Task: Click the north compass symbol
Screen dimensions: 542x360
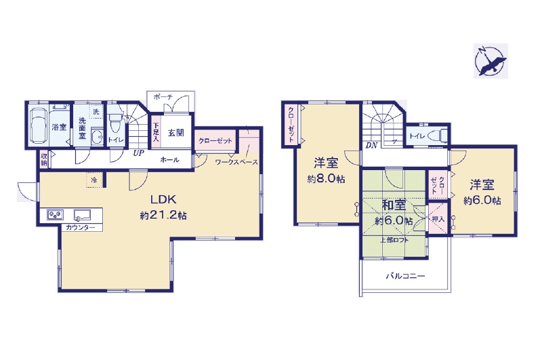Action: point(491,61)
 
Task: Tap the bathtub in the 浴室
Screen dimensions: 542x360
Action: point(39,126)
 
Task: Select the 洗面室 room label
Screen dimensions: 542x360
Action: point(82,128)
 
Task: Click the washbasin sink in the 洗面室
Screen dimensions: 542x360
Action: point(98,137)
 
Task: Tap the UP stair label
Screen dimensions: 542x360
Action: point(139,153)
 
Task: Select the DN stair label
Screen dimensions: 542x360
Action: point(371,145)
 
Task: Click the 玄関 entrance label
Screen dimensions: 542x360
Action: point(176,132)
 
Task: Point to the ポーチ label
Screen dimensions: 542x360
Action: point(163,97)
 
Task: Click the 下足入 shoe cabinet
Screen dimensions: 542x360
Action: point(156,132)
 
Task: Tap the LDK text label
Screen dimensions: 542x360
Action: point(163,199)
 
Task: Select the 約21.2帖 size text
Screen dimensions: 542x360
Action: point(163,216)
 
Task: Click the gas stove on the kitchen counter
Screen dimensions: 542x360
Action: point(55,215)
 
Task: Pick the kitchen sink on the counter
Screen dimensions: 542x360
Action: point(82,215)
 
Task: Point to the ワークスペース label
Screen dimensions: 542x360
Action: point(236,162)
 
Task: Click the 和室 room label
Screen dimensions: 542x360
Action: point(394,205)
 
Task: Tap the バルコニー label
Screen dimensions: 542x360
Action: point(405,276)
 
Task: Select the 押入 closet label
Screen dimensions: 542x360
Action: point(438,219)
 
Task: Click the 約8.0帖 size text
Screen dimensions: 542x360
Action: point(326,179)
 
